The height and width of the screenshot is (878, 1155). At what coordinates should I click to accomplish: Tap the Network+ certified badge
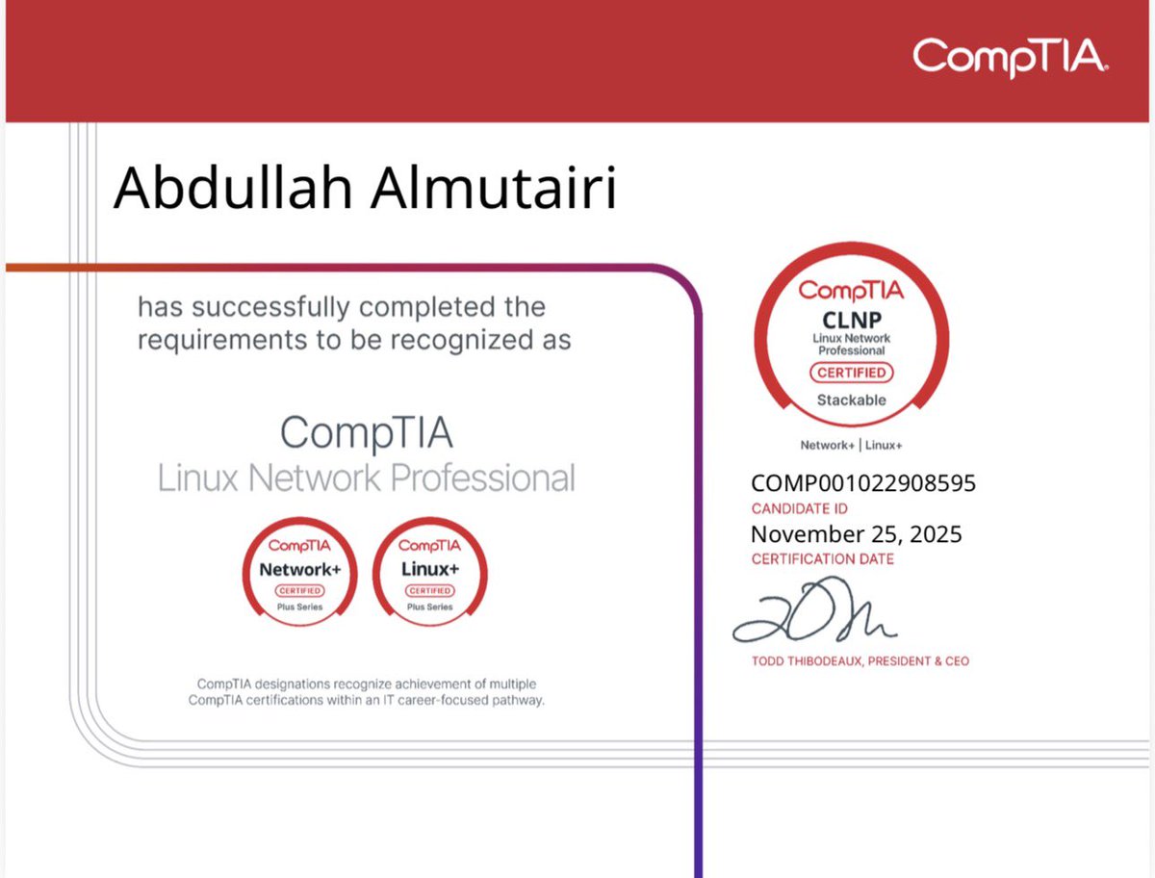point(300,571)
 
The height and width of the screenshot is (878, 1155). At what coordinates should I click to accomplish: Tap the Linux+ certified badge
point(429,571)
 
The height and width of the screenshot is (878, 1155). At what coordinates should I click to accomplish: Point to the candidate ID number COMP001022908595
point(862,483)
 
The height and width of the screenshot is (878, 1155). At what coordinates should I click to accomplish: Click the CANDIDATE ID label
point(800,508)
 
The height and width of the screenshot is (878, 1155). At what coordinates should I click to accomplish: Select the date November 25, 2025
point(856,534)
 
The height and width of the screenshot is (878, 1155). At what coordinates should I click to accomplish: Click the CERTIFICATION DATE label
point(823,559)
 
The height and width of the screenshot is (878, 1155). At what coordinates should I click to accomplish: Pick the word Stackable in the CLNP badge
point(851,400)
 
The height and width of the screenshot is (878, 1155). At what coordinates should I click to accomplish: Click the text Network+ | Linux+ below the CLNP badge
point(851,446)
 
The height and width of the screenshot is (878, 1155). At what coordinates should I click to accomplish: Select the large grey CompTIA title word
point(366,434)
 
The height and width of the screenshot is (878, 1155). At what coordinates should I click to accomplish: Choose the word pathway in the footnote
point(514,700)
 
